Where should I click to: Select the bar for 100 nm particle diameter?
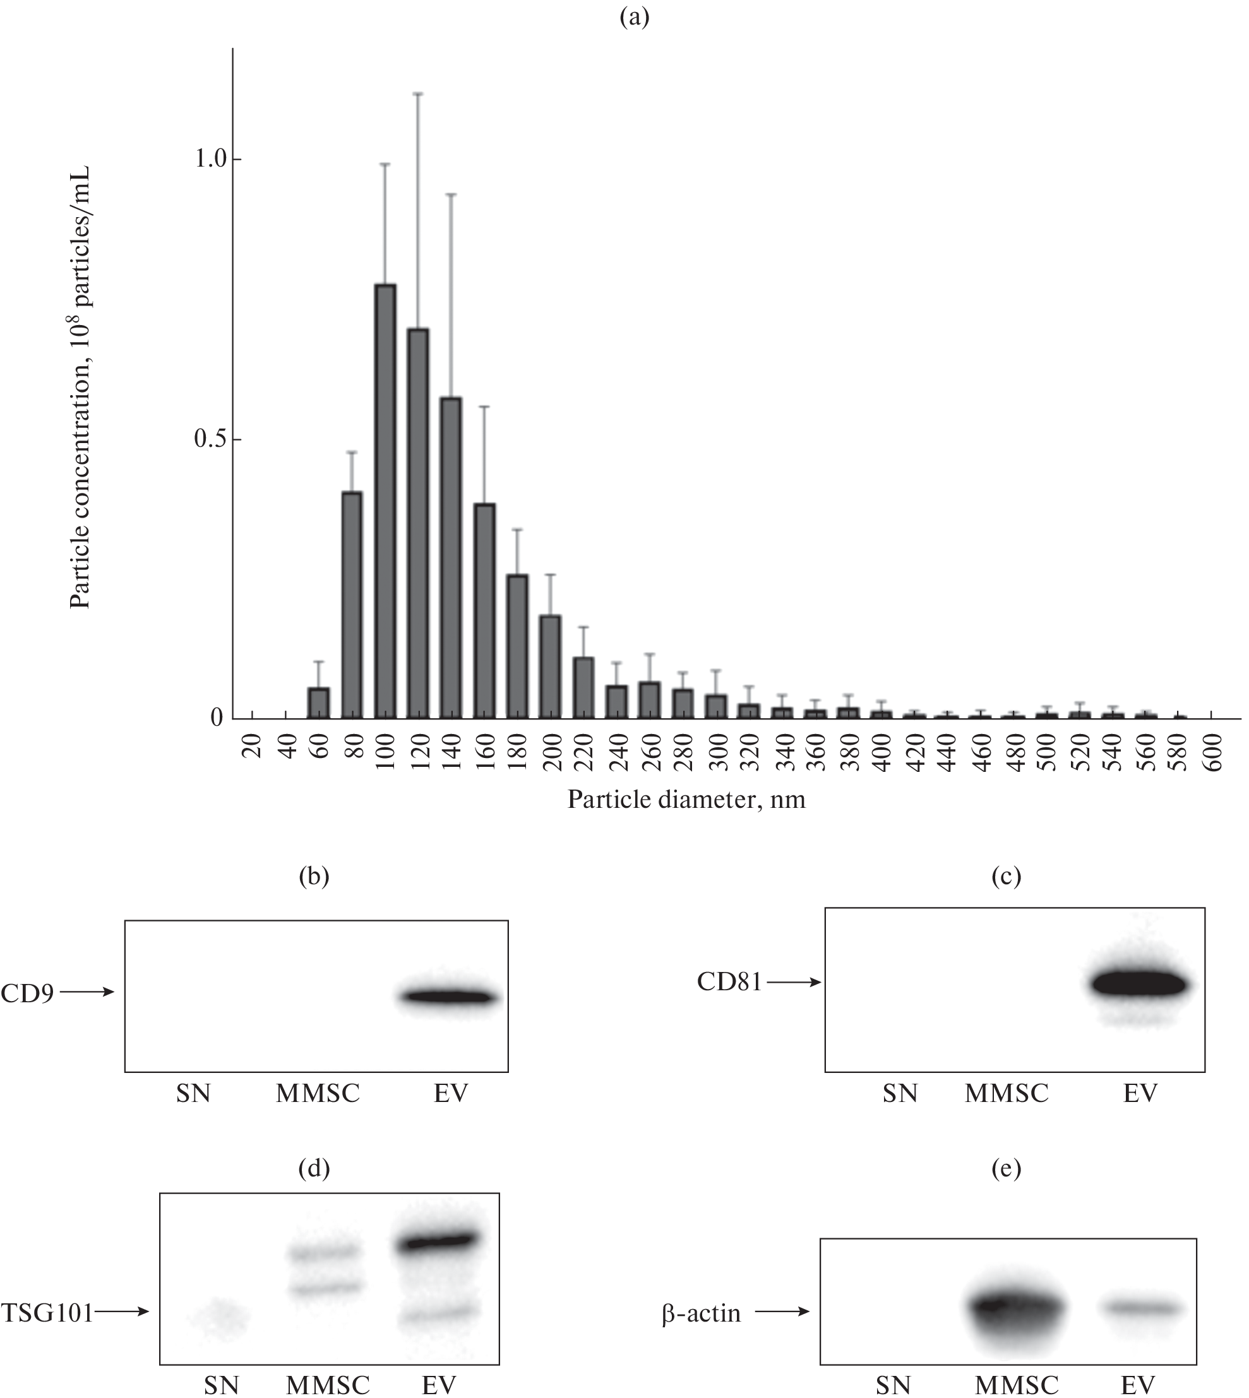pos(385,501)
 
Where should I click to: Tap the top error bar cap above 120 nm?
pos(418,93)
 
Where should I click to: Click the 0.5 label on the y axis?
pos(211,440)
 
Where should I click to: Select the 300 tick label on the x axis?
pos(716,752)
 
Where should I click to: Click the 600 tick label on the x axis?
pos(1212,752)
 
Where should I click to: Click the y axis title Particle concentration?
pos(80,388)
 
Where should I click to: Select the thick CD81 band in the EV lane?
pos(1140,984)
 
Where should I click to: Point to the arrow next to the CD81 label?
pos(794,983)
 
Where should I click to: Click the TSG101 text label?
pos(47,1312)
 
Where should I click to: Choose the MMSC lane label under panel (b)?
pos(318,1093)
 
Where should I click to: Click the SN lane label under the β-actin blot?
pos(893,1385)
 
